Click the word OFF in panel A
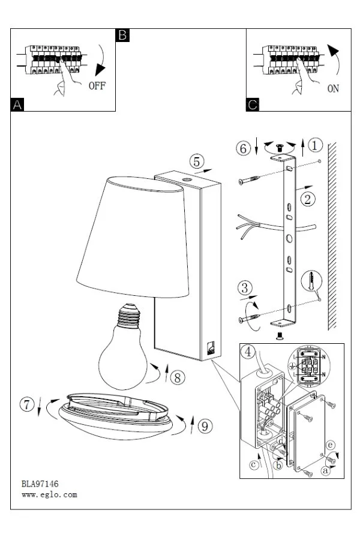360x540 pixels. pos(97,86)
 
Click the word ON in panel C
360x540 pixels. pos(333,89)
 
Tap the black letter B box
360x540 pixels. pos(122,35)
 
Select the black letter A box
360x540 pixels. pos(17,104)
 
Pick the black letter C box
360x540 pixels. pos(253,104)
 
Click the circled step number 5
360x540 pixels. pos(196,161)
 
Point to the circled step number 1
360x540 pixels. pos(314,145)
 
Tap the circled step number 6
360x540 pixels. pos(243,148)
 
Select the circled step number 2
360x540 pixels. pos(308,199)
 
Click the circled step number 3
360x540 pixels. pos(245,287)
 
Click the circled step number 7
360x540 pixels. pos(27,404)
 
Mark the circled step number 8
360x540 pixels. pos(178,377)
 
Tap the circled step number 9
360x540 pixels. pos(205,426)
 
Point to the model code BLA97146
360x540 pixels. pos(40,484)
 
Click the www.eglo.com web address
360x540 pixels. pos(49,495)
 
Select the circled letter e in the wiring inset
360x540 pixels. pos(330,445)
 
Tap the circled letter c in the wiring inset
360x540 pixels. pos(254,465)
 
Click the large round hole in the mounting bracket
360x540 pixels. pos(289,238)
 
